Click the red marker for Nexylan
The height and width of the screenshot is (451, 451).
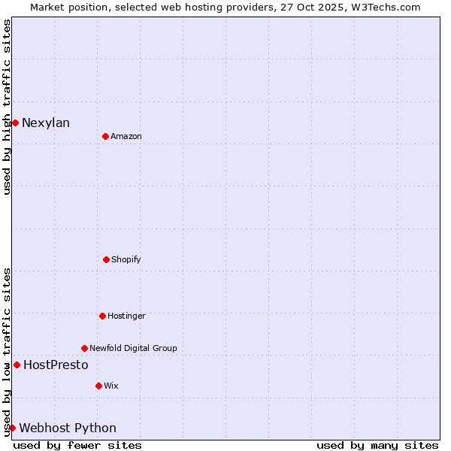[15, 123]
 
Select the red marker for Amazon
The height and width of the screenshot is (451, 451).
[105, 136]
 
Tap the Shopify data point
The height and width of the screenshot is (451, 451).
[106, 259]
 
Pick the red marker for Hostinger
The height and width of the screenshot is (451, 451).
[102, 316]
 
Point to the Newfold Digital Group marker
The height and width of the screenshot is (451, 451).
[84, 348]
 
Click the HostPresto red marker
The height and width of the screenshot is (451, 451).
[17, 365]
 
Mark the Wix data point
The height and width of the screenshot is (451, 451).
[98, 386]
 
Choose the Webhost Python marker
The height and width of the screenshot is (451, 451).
[12, 428]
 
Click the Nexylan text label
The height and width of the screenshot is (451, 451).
[46, 123]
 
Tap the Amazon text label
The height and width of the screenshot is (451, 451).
[126, 137]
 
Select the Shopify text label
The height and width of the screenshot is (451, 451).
[126, 260]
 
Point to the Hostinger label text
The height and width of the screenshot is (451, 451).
[126, 316]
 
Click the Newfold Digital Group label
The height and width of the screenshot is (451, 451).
[133, 349]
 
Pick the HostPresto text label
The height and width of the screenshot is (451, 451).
[56, 365]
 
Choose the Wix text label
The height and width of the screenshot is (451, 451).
[111, 386]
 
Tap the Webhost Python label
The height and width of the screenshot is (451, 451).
[68, 428]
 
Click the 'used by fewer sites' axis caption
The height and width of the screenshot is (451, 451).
[77, 445]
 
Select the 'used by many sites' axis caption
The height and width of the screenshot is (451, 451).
[377, 445]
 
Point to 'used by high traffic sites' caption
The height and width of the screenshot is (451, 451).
[7, 107]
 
